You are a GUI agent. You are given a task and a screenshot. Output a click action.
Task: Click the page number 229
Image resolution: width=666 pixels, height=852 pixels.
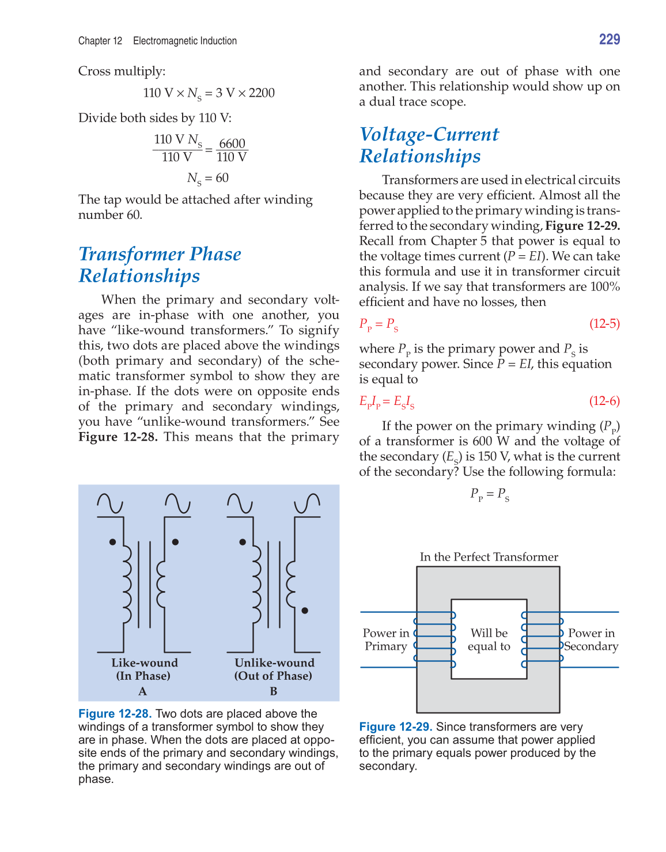point(609,39)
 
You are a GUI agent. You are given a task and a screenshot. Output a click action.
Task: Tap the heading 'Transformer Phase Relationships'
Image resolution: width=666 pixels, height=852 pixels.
point(160,264)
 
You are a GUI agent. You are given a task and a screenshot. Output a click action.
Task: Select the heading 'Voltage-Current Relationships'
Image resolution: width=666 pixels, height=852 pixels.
point(429,145)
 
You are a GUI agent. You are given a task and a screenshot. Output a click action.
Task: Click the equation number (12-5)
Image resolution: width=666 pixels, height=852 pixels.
point(604,323)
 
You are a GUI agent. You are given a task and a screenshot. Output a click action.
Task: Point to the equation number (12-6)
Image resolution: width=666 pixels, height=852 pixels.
point(604,401)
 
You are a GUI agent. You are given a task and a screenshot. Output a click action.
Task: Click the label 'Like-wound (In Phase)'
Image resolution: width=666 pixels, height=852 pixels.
point(144,669)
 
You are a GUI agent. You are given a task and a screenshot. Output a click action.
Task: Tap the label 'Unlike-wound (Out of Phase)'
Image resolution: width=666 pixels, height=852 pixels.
point(274,669)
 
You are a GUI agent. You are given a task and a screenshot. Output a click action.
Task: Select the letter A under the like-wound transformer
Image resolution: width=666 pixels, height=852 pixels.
point(143,691)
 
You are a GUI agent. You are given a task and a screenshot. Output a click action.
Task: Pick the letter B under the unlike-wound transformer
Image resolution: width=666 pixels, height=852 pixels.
point(274,691)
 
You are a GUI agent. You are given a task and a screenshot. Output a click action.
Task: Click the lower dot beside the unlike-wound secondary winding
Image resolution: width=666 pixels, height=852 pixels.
point(305,611)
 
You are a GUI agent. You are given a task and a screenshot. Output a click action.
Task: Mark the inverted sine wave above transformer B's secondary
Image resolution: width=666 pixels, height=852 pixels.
point(307,503)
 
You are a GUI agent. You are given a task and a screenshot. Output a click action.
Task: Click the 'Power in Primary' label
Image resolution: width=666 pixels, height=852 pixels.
point(386,639)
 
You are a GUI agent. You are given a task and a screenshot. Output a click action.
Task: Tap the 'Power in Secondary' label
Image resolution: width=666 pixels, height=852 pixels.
point(591,639)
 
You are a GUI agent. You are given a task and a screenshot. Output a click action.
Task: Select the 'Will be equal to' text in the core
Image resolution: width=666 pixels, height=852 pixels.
point(489,639)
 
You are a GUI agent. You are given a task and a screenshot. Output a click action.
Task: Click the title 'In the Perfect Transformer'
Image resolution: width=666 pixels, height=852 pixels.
point(489,556)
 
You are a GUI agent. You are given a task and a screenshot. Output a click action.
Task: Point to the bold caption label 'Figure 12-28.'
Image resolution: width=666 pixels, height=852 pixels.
point(115,714)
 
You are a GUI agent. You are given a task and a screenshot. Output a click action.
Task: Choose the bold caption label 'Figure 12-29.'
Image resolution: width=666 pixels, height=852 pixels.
point(395,727)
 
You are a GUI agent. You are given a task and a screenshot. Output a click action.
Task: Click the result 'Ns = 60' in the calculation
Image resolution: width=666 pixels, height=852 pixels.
point(207,178)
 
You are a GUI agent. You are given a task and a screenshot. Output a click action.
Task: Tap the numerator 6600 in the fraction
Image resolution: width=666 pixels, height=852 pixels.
point(232,143)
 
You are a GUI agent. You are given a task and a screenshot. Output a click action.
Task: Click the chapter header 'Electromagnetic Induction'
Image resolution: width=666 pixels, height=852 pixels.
point(185,41)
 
